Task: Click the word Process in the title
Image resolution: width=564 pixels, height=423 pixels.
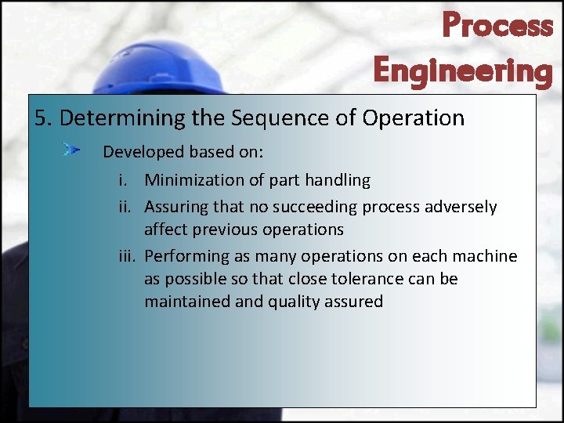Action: click(497, 25)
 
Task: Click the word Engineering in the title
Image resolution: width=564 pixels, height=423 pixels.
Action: click(463, 70)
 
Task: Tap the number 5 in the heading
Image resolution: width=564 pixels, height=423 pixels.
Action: click(41, 118)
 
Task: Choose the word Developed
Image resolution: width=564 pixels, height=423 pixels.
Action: click(139, 151)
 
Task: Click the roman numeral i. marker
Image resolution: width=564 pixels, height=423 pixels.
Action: click(123, 180)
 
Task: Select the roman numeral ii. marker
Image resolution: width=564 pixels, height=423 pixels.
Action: click(125, 207)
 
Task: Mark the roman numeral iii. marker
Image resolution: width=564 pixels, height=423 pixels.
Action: click(126, 256)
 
